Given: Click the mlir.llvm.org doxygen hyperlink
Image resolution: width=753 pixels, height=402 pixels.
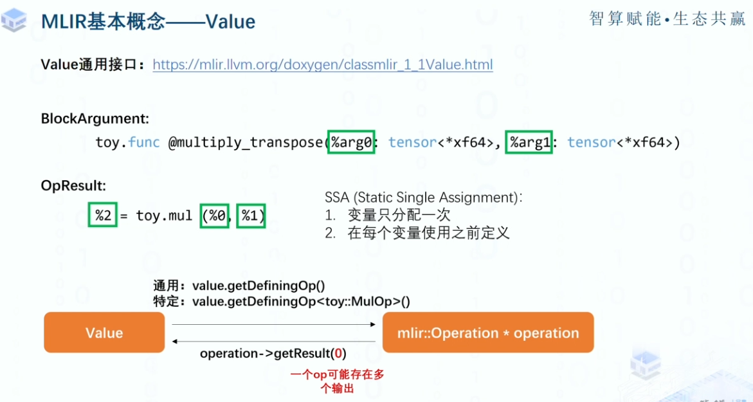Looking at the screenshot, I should [323, 65].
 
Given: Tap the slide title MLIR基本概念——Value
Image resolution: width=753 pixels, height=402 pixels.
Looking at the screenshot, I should [148, 22].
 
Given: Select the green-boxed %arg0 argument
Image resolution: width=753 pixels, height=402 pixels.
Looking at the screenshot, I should [351, 143].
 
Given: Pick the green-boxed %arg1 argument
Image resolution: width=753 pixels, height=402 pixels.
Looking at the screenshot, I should [530, 143].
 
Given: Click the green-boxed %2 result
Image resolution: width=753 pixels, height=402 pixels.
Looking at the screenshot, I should [103, 215].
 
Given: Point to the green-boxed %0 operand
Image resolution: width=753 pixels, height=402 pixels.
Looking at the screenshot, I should [215, 215].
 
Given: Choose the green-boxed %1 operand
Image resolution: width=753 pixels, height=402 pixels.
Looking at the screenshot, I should [251, 215].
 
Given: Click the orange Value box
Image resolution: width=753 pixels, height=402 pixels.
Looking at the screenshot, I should [104, 333].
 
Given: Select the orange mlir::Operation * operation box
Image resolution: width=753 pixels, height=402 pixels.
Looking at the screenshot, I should [487, 333].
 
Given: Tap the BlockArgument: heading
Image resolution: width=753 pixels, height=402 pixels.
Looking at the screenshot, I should [95, 119].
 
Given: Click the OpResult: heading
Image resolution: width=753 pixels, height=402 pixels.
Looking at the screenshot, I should [73, 186].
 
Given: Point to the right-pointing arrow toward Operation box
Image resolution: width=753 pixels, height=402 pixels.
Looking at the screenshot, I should [273, 324].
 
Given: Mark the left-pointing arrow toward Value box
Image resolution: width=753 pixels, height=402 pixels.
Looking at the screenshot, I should [273, 342].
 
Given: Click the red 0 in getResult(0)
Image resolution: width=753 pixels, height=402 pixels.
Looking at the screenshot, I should [339, 354].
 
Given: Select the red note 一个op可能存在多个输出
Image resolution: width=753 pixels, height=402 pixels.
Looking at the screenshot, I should [337, 381].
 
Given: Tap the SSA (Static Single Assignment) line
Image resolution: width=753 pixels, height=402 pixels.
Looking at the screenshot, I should [423, 197].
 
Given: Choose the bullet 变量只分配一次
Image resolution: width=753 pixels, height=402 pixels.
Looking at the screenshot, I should [399, 215].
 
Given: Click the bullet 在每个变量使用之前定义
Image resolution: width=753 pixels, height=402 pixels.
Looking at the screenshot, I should [428, 233].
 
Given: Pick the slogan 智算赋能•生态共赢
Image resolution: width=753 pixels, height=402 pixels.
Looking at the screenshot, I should [667, 19].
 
